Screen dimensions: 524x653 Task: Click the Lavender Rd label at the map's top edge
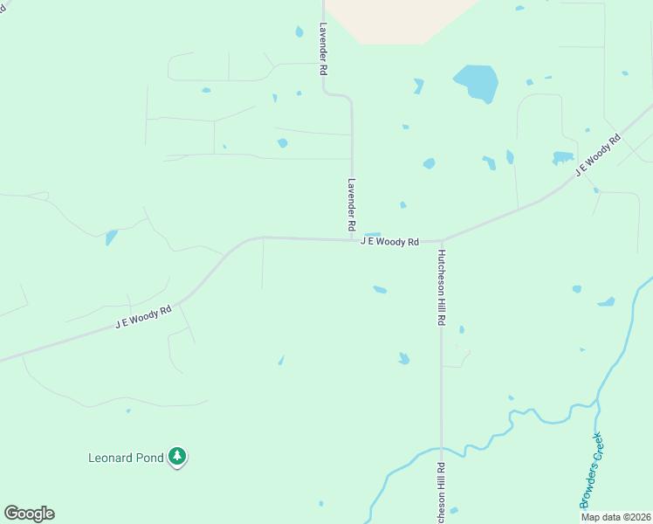tap(323, 48)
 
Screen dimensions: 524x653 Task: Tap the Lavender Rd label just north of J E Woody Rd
tap(352, 203)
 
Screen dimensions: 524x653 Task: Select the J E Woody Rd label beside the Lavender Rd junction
tap(389, 242)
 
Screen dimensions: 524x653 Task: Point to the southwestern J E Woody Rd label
tap(143, 316)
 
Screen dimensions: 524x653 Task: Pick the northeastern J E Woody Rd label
tap(598, 156)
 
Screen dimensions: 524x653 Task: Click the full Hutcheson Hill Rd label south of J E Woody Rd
tap(442, 287)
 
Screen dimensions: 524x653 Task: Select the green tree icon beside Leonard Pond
tap(177, 456)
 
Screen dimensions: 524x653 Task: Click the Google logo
tap(29, 514)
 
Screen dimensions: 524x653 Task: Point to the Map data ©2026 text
tap(615, 517)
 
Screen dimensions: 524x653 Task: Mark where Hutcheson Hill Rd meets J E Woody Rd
tap(442, 241)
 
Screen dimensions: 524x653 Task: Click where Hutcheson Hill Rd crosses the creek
tap(442, 450)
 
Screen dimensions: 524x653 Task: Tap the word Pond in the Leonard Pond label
tap(152, 457)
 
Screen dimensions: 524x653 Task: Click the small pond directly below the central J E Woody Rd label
tap(380, 289)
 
